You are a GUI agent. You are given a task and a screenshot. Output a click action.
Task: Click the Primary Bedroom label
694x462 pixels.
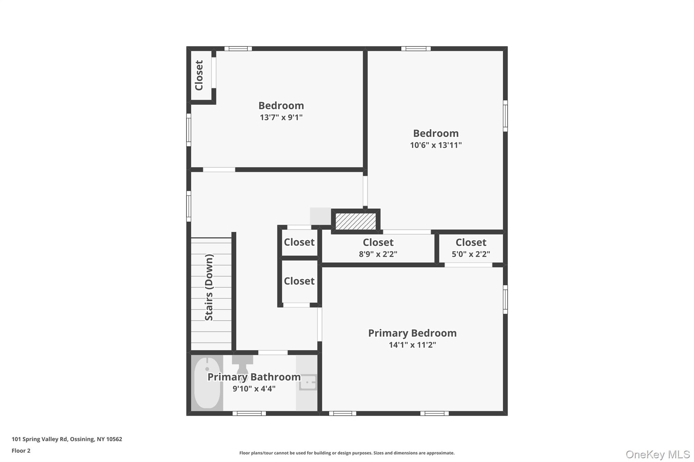click(412, 333)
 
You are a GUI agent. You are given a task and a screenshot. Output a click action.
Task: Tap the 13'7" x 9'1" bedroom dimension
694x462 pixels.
click(281, 117)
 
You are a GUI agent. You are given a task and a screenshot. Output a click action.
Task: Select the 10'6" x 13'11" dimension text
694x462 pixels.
click(435, 145)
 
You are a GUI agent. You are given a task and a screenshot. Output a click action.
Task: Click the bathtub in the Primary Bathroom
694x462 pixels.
click(207, 383)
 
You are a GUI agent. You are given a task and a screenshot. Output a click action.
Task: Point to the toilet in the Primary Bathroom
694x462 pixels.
click(242, 367)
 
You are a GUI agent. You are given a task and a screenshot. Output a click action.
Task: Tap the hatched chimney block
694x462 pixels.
click(355, 221)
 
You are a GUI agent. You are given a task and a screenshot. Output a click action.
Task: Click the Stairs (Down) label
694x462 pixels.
click(209, 287)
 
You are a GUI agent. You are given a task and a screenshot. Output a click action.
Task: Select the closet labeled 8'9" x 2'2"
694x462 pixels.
click(378, 248)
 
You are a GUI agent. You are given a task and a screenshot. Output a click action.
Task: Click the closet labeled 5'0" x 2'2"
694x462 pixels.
click(471, 248)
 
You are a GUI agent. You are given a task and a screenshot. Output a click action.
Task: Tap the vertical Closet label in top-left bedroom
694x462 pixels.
click(199, 75)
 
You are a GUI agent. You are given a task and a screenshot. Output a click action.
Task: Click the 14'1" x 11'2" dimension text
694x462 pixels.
click(412, 345)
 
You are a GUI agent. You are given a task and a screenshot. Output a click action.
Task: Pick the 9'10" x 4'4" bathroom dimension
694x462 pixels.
click(254, 389)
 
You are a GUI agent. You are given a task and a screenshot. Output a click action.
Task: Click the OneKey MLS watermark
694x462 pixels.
click(657, 454)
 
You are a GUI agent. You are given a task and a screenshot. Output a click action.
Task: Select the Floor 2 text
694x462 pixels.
click(21, 450)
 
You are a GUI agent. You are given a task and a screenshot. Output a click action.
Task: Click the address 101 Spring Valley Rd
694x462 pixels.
click(67, 439)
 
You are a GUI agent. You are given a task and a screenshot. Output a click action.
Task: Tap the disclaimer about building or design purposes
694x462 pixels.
click(347, 453)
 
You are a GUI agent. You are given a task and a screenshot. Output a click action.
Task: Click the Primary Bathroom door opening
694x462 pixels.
click(273, 352)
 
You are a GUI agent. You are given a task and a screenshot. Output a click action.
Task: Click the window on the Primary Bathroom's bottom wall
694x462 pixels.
click(249, 413)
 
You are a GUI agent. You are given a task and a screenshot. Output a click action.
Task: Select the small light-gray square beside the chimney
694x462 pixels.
click(320, 216)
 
